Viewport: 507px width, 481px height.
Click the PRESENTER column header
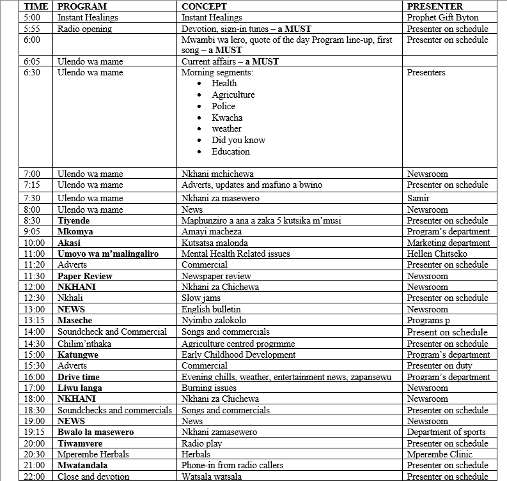click(435, 6)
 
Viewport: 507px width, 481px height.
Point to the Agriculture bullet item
click(233, 95)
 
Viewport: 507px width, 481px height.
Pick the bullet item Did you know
click(238, 140)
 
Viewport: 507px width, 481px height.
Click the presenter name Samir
click(418, 198)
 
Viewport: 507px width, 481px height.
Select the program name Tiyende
click(74, 220)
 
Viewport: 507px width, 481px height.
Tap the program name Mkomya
click(75, 231)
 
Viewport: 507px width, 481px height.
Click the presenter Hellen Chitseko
click(440, 254)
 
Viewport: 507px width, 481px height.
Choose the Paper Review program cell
click(85, 276)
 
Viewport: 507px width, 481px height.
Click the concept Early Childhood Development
click(238, 355)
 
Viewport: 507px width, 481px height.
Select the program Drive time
click(79, 377)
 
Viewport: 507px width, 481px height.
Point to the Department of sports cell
click(446, 432)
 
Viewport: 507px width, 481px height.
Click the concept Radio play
click(201, 443)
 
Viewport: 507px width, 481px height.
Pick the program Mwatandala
click(82, 465)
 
